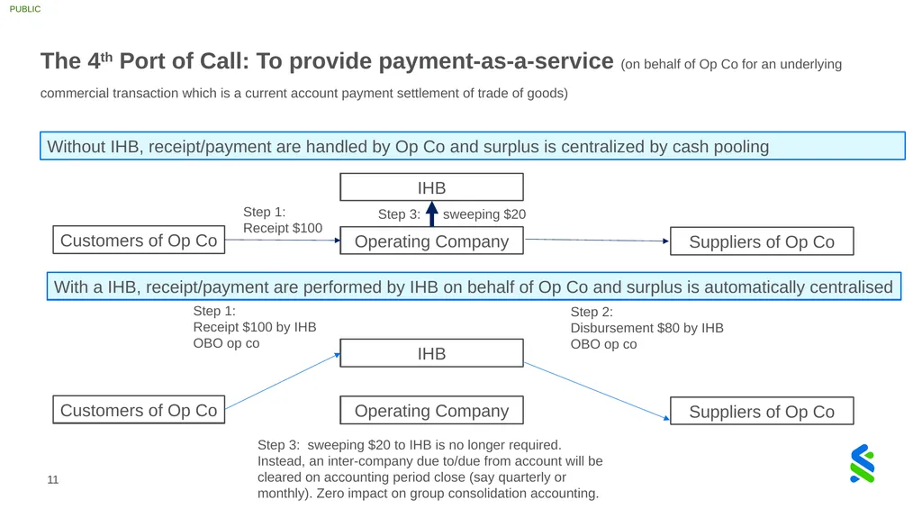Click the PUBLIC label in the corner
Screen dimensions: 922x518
(24, 9)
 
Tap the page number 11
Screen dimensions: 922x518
(53, 480)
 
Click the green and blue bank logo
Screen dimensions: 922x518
(862, 464)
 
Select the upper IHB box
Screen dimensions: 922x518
(431, 187)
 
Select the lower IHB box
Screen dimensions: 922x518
(431, 353)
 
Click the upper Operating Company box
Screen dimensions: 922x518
(431, 241)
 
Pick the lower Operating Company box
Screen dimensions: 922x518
(431, 410)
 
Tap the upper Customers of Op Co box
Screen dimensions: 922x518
(139, 241)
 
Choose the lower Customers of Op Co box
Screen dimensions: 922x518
(139, 410)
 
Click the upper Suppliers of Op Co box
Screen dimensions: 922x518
(762, 241)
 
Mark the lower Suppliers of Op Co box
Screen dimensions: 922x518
(762, 411)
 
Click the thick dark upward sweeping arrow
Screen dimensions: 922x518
(432, 214)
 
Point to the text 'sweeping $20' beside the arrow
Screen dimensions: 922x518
(484, 214)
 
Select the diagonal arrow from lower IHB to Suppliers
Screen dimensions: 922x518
(597, 391)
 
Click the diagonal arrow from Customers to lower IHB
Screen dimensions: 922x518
(283, 380)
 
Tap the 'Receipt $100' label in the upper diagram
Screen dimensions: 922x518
(283, 228)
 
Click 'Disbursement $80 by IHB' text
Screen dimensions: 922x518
(646, 328)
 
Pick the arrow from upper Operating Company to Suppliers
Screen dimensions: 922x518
(597, 241)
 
